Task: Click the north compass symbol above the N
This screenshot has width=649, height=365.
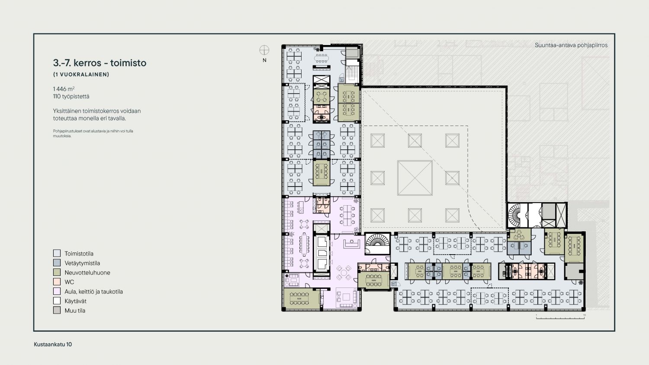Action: click(x=264, y=50)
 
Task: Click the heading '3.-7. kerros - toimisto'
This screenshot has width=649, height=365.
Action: click(x=100, y=63)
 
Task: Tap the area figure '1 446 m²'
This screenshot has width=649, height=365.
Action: click(x=64, y=89)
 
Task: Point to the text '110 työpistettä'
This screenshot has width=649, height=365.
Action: click(x=71, y=96)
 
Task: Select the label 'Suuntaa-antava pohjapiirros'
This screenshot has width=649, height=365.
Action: click(x=571, y=45)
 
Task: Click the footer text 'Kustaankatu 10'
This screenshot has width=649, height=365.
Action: click(x=53, y=344)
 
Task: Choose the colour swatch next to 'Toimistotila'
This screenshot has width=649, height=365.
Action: click(x=57, y=253)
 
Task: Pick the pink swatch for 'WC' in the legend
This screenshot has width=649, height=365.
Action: click(x=57, y=281)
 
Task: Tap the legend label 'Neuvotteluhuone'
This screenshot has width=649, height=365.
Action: click(x=87, y=272)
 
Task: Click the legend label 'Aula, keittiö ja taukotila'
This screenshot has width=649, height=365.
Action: click(x=93, y=292)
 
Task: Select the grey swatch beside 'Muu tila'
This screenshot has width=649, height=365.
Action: click(x=57, y=310)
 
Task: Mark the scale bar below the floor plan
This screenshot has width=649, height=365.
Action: click(x=560, y=317)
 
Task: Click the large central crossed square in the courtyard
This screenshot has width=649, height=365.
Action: click(x=415, y=178)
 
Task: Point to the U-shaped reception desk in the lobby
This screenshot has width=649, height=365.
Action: click(x=352, y=244)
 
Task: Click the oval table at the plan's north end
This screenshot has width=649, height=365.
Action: click(x=321, y=58)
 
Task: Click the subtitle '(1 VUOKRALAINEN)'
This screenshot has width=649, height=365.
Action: click(x=81, y=74)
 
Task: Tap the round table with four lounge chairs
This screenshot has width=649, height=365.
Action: click(x=344, y=273)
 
